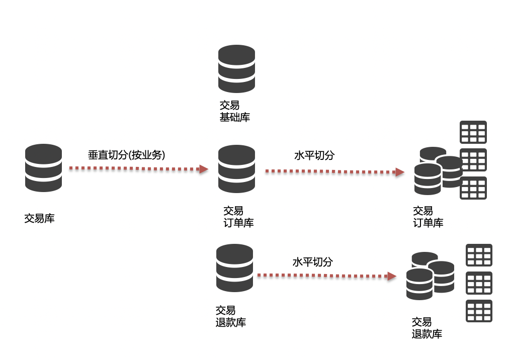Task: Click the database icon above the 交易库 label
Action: pos(44,168)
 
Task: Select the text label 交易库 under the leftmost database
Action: pos(40,219)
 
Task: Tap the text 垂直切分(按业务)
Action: pos(127,155)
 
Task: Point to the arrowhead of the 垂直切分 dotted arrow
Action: pos(204,169)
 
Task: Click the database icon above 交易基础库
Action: pos(236,69)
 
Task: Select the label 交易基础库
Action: pos(234,111)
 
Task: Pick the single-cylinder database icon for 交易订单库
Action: pos(236,169)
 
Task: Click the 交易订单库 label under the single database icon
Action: pos(238,217)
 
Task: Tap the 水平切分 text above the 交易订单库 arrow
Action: pos(314,155)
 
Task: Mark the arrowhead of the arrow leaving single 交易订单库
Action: pos(400,172)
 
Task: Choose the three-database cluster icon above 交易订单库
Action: pos(437,171)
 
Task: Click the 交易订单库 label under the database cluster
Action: pos(428,217)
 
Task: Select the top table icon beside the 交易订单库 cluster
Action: pos(473,132)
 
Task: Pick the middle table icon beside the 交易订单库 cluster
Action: pos(473,160)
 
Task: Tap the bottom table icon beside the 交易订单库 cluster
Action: pos(473,188)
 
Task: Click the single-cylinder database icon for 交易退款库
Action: pos(234,268)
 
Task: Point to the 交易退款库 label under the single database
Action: pos(230,316)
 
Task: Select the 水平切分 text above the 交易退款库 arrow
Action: pos(313,262)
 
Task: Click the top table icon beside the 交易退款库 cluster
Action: pos(479,255)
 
